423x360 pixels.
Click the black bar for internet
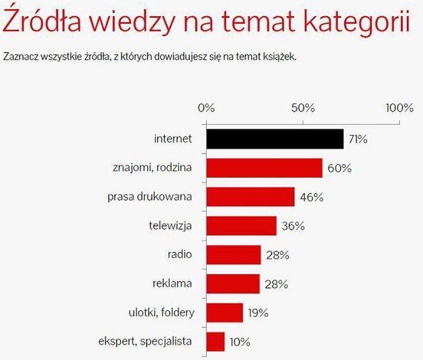pos(274,139)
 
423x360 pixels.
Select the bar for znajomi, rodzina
pos(264,168)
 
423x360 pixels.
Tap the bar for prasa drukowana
pos(250,197)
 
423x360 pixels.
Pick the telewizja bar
pos(241,226)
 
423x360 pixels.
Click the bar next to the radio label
pos(233,255)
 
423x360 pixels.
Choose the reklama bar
pos(232,283)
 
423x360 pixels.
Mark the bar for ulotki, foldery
pos(224,312)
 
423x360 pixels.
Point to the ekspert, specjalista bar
pos(215,341)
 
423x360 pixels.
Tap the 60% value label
pos(340,168)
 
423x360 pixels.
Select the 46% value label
pos(311,197)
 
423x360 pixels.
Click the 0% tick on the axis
pos(206,107)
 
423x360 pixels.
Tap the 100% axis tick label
pos(399,107)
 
